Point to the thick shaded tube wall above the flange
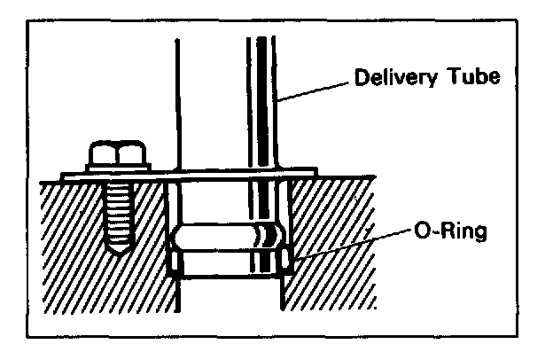[x=264, y=106]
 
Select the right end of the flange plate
[x=306, y=173]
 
